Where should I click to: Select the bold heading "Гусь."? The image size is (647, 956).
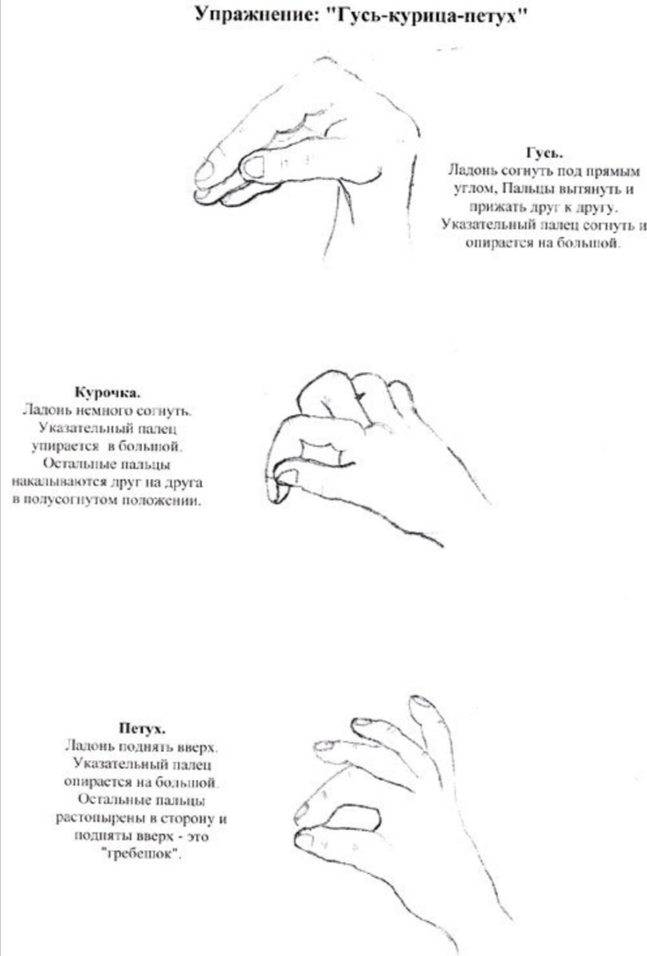pyautogui.click(x=543, y=153)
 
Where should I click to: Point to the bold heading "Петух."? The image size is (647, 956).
pyautogui.click(x=142, y=727)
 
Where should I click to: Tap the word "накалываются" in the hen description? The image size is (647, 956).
pyautogui.click(x=59, y=482)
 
